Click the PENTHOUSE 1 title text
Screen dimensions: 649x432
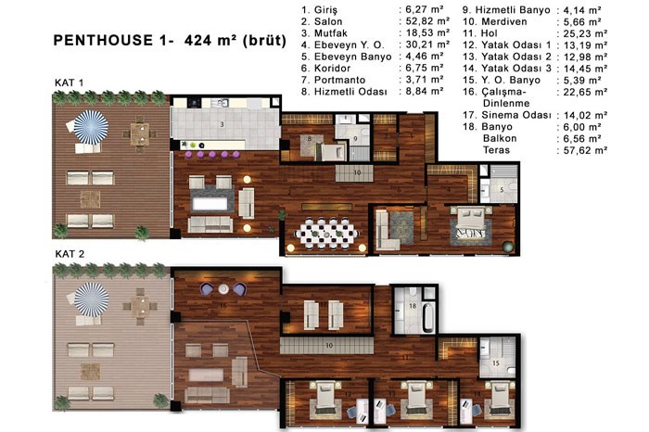coord(170,41)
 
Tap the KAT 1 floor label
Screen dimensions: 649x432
coord(70,83)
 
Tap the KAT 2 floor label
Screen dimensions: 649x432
coord(70,254)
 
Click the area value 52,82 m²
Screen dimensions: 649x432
coord(425,21)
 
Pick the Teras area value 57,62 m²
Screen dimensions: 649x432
coord(585,150)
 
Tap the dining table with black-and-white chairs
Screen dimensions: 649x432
coord(327,235)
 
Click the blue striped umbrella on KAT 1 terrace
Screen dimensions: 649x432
coord(91,127)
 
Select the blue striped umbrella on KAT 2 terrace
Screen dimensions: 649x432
coord(92,299)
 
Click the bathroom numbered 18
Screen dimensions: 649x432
coord(414,309)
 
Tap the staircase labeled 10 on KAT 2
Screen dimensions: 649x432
coord(327,345)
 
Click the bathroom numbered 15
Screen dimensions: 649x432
coord(497,357)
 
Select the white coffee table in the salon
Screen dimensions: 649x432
coord(210,204)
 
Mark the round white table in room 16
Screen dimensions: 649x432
coord(223,289)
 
